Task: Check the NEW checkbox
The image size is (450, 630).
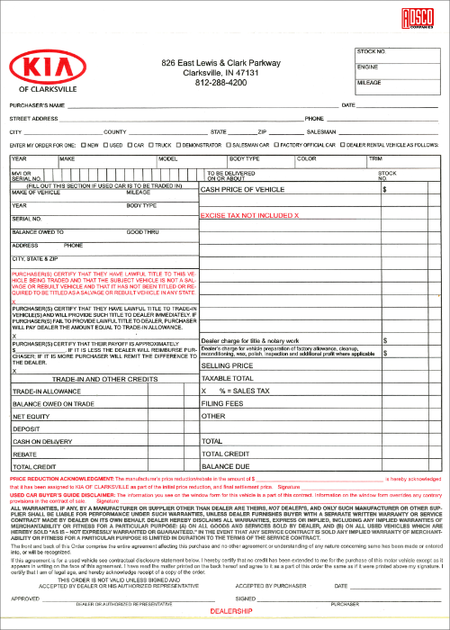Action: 82,144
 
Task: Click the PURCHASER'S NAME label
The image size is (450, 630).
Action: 37,105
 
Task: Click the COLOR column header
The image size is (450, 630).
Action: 307,158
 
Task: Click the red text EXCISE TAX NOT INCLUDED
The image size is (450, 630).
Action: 249,216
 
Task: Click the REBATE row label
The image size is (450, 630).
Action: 24,454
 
